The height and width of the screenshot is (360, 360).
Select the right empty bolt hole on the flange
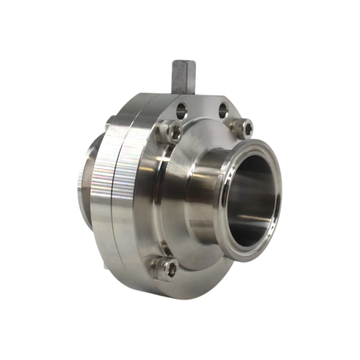(223, 110)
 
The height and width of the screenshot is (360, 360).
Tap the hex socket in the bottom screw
(168, 269)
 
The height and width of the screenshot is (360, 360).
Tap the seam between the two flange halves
(118, 198)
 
